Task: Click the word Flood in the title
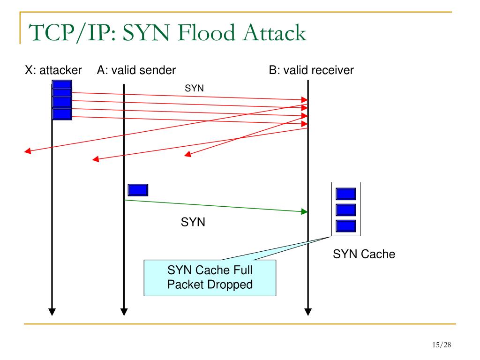click(x=206, y=32)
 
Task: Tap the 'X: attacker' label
click(x=53, y=70)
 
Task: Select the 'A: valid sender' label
click(x=136, y=70)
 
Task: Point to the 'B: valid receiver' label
click(x=311, y=70)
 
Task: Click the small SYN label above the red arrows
click(x=194, y=88)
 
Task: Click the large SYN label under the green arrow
click(x=193, y=222)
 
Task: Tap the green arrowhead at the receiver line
click(x=304, y=211)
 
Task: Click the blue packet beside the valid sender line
click(x=138, y=190)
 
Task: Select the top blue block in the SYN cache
click(x=346, y=194)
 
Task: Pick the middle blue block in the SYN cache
click(x=346, y=210)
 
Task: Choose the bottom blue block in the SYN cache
click(x=346, y=226)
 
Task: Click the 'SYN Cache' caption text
click(x=364, y=254)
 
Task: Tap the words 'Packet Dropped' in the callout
click(x=210, y=285)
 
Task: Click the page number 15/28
click(x=442, y=345)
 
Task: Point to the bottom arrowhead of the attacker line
click(x=52, y=312)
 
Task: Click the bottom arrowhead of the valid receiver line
click(x=308, y=312)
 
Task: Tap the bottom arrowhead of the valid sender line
click(x=124, y=312)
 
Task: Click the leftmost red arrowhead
click(x=28, y=150)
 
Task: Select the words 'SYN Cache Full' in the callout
click(x=210, y=270)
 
